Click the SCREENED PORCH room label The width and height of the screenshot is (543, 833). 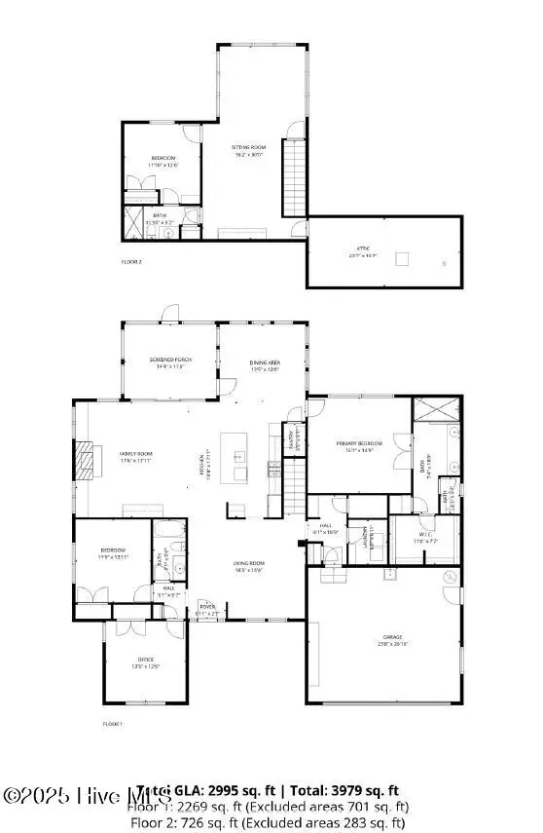point(170,360)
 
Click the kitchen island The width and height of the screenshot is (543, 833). point(235,456)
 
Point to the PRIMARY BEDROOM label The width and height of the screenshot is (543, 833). point(360,443)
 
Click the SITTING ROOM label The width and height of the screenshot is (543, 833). point(247,148)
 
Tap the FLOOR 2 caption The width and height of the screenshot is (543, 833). point(131,261)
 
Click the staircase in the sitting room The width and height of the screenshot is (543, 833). point(294,177)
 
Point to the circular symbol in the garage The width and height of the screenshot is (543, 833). point(450,578)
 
